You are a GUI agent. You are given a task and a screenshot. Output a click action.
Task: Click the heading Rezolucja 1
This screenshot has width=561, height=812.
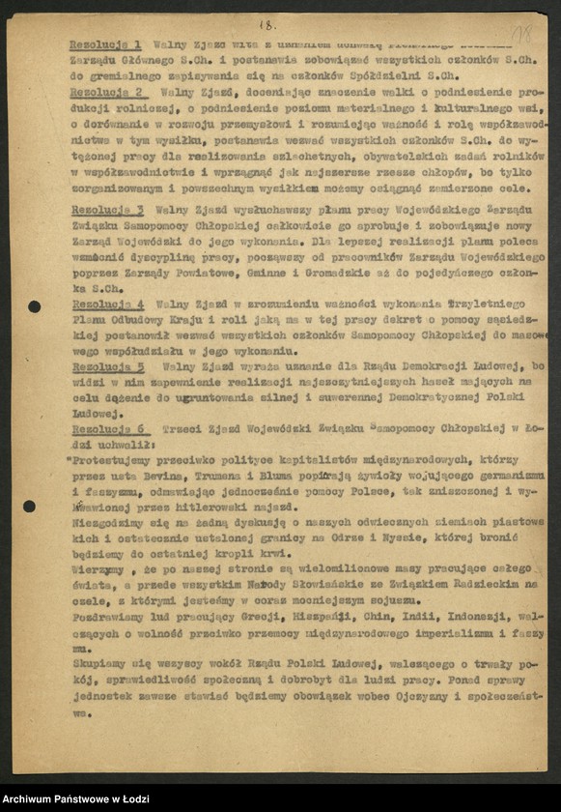pos(106,44)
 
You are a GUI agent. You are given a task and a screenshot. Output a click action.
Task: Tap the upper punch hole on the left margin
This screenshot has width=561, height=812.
pos(34,306)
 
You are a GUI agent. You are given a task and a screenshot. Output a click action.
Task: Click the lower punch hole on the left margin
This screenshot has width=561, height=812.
pos(29,506)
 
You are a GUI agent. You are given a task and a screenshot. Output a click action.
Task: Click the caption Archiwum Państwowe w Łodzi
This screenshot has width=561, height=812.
pos(72,799)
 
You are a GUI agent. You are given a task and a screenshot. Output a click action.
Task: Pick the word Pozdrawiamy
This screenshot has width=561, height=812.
pos(106,616)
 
